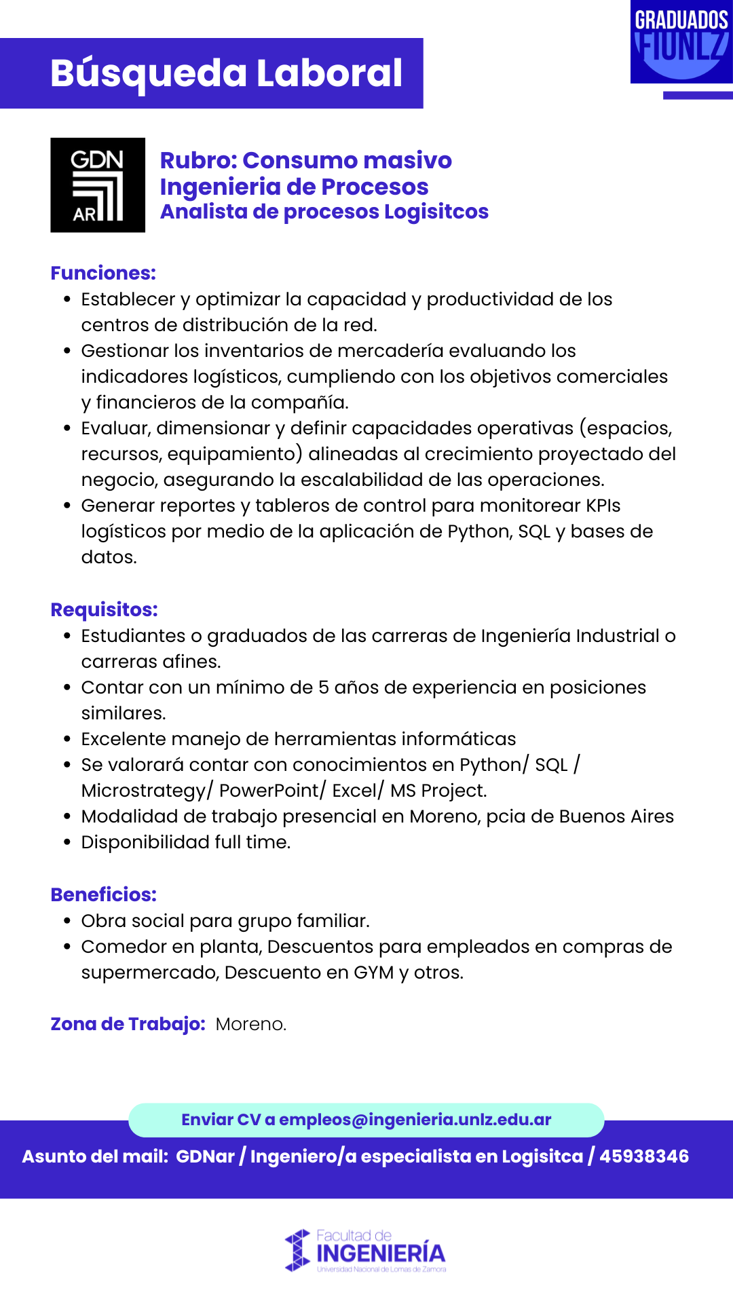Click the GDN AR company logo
pyautogui.click(x=98, y=185)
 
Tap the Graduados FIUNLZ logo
pyautogui.click(x=681, y=42)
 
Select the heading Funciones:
pyautogui.click(x=103, y=273)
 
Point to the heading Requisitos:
pyautogui.click(x=104, y=609)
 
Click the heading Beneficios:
pyautogui.click(x=103, y=894)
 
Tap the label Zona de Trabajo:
pyautogui.click(x=128, y=1023)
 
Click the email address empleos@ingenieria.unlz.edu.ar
pyautogui.click(x=415, y=1120)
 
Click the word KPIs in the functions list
pyautogui.click(x=603, y=506)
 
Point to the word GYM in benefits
pyautogui.click(x=373, y=972)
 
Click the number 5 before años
pyautogui.click(x=324, y=687)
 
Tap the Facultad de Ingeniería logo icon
pyautogui.click(x=297, y=1250)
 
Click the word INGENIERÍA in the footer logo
pyautogui.click(x=381, y=1253)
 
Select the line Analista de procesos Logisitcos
pyautogui.click(x=324, y=212)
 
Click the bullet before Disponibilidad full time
pyautogui.click(x=67, y=842)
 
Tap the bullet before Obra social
pyautogui.click(x=67, y=921)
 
